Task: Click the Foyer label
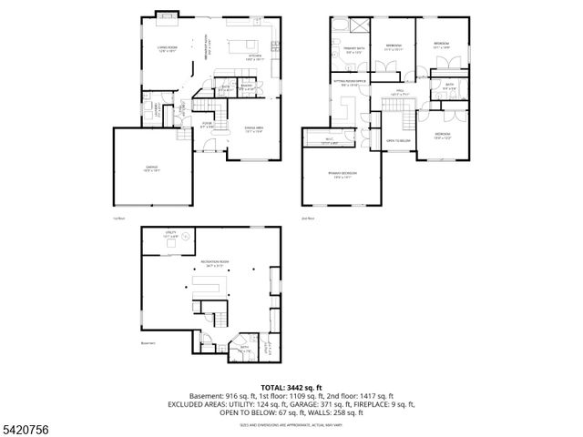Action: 207,126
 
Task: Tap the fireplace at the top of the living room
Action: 166,15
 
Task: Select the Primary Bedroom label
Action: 344,176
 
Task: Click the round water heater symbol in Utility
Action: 187,238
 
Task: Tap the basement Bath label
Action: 244,347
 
